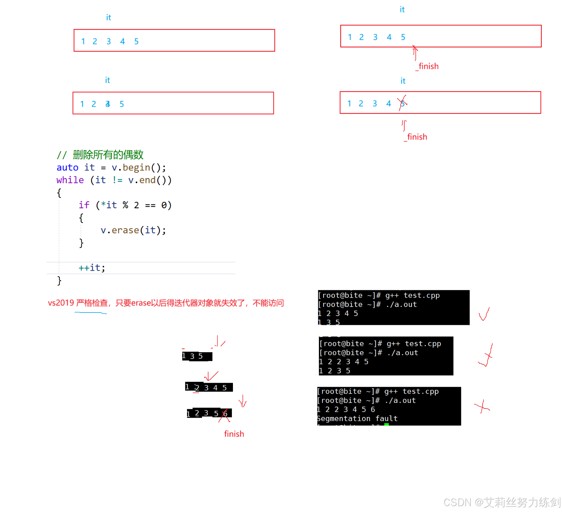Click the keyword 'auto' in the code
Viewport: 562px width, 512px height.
67,168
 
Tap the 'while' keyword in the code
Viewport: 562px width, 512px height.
70,180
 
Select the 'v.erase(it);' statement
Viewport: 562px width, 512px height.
133,230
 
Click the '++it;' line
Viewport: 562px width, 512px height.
92,268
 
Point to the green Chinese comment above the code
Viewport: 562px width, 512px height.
100,155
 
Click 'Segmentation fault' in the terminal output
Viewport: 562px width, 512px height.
357,419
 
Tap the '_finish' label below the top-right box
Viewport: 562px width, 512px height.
427,66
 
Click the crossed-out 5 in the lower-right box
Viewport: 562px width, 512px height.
402,104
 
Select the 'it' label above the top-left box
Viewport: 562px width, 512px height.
108,18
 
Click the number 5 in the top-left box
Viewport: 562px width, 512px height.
137,41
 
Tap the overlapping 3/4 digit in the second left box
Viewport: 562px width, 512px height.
108,104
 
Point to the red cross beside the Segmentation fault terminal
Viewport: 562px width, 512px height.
482,407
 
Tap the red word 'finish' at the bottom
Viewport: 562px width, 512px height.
234,434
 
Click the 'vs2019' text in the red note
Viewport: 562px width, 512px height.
61,303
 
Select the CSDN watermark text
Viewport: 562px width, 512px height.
502,502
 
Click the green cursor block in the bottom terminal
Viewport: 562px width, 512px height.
386,424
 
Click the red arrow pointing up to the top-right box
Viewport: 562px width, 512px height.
415,52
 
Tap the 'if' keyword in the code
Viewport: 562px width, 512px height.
84,205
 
